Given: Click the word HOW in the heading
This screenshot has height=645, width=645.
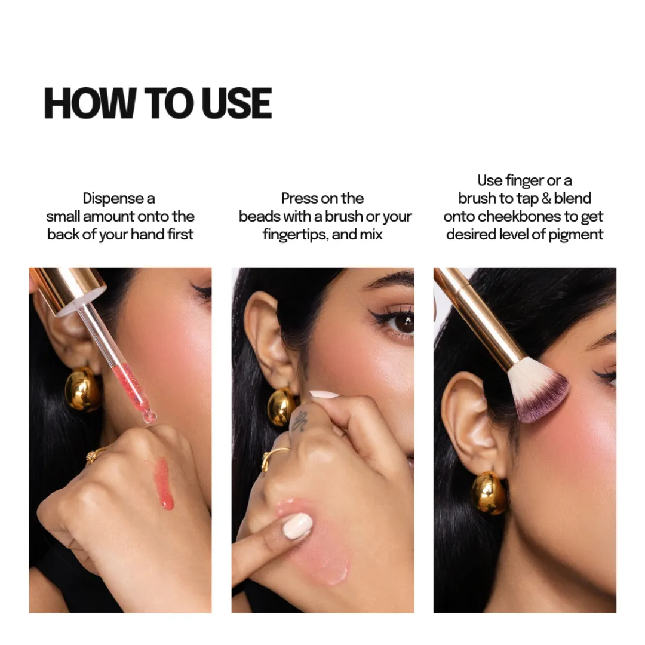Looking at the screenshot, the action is pos(90,103).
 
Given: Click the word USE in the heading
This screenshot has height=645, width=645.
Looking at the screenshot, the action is pos(236,103).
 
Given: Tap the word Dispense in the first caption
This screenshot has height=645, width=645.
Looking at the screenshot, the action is pos(107,199).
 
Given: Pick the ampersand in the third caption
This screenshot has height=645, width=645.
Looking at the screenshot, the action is pos(546,199).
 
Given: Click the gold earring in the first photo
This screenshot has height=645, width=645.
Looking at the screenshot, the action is pos(82,389).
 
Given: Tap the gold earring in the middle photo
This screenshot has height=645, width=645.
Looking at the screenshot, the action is pos(282,407).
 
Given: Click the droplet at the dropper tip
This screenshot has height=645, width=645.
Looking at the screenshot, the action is pos(149,417).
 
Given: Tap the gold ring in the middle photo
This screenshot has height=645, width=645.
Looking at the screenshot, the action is pos(273,457).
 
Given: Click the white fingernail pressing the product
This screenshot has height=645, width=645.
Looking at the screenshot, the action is pos(297,526).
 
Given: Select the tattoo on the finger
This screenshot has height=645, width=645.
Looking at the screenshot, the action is pos(299,421).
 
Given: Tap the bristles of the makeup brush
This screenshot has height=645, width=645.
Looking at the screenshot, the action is pos(537,394).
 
